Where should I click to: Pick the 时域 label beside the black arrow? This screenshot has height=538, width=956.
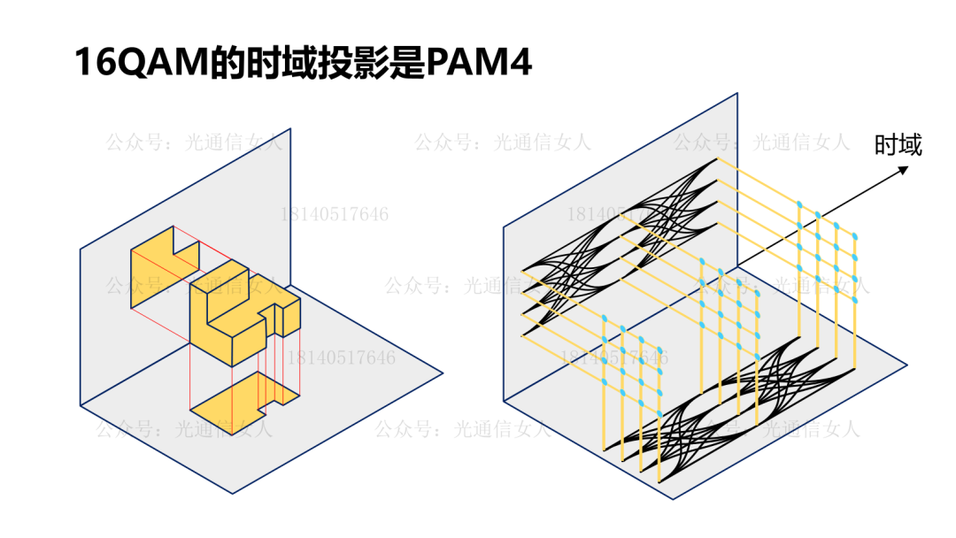pyautogui.click(x=898, y=144)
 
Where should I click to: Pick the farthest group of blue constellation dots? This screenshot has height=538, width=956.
pyautogui.click(x=828, y=243)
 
